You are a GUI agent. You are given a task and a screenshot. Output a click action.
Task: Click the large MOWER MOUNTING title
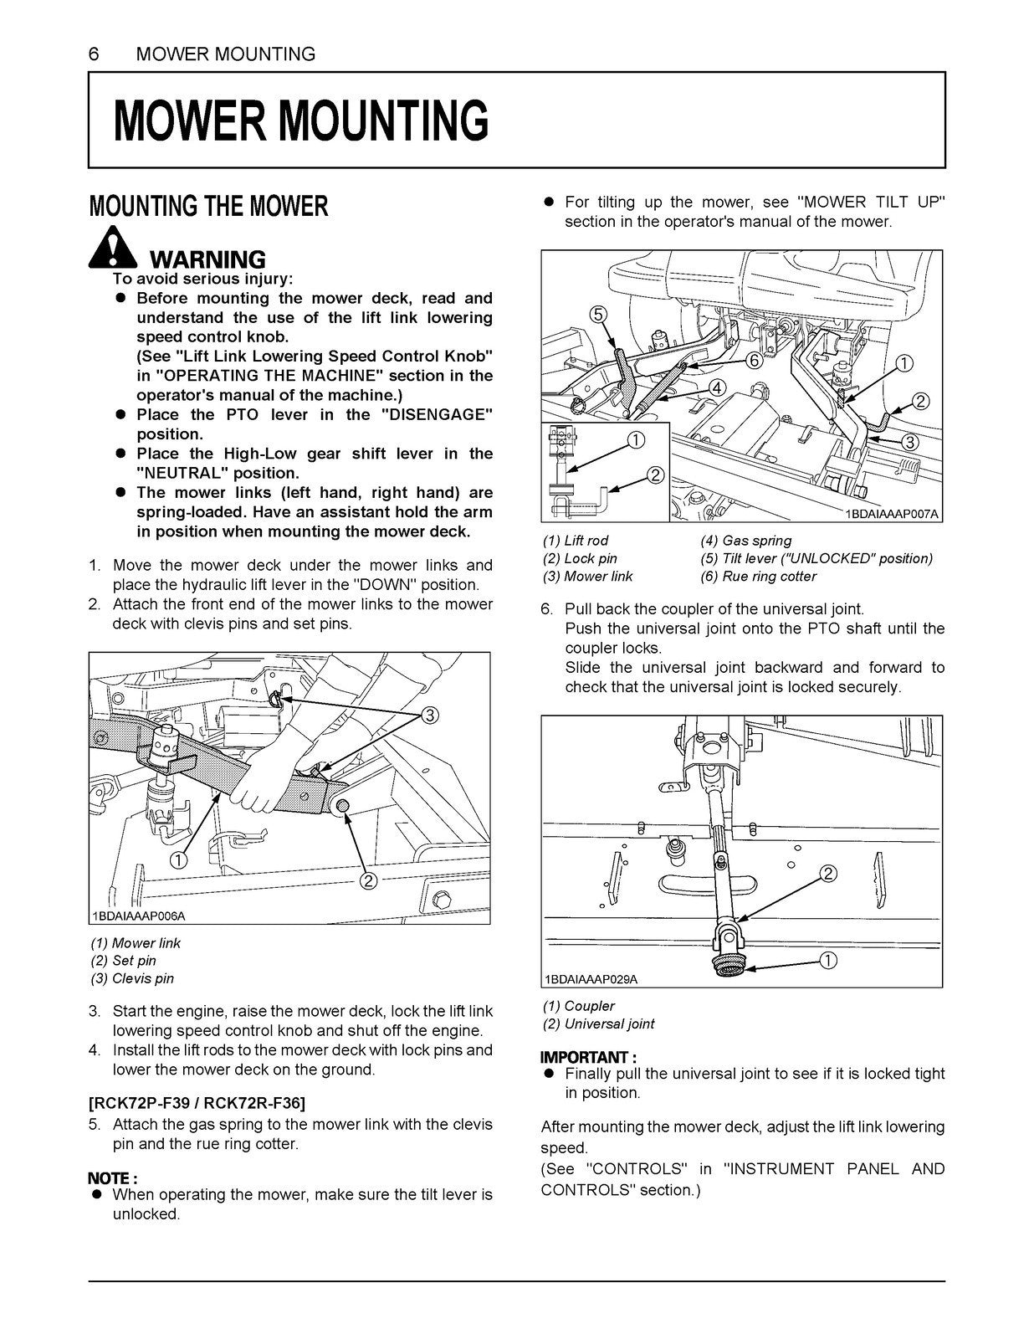(300, 121)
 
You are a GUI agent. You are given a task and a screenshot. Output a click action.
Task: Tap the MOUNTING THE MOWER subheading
(208, 207)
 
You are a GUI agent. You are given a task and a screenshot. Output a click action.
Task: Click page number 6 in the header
(94, 54)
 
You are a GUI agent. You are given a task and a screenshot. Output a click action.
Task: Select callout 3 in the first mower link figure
(429, 714)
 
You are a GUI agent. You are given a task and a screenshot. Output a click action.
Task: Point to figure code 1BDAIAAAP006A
(139, 916)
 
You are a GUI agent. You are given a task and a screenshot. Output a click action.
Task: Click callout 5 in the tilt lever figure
(597, 314)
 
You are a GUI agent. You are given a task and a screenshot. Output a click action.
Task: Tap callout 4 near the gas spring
(716, 387)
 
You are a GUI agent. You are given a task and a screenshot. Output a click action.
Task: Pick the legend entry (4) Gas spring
(745, 541)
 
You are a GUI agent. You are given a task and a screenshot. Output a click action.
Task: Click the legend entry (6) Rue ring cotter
(758, 576)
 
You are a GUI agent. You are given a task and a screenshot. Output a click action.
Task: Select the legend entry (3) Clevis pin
(132, 978)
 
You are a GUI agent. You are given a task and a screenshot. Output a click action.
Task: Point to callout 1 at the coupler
(827, 960)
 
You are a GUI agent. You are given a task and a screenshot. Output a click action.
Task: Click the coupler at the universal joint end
(724, 965)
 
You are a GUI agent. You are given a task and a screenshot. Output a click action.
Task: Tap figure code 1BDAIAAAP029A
(591, 978)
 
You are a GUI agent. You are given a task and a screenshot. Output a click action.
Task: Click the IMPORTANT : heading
(588, 1056)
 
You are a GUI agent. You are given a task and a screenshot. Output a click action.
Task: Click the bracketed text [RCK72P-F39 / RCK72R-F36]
(197, 1101)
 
